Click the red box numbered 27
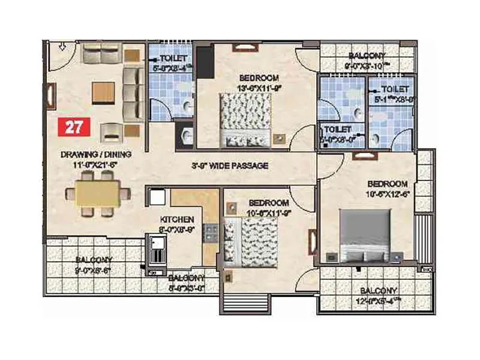(74, 127)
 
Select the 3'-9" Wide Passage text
(229, 166)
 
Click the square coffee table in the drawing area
(102, 92)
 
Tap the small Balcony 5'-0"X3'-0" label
(186, 282)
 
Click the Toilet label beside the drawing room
(169, 63)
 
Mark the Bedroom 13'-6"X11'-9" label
(259, 82)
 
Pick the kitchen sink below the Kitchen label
(158, 251)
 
